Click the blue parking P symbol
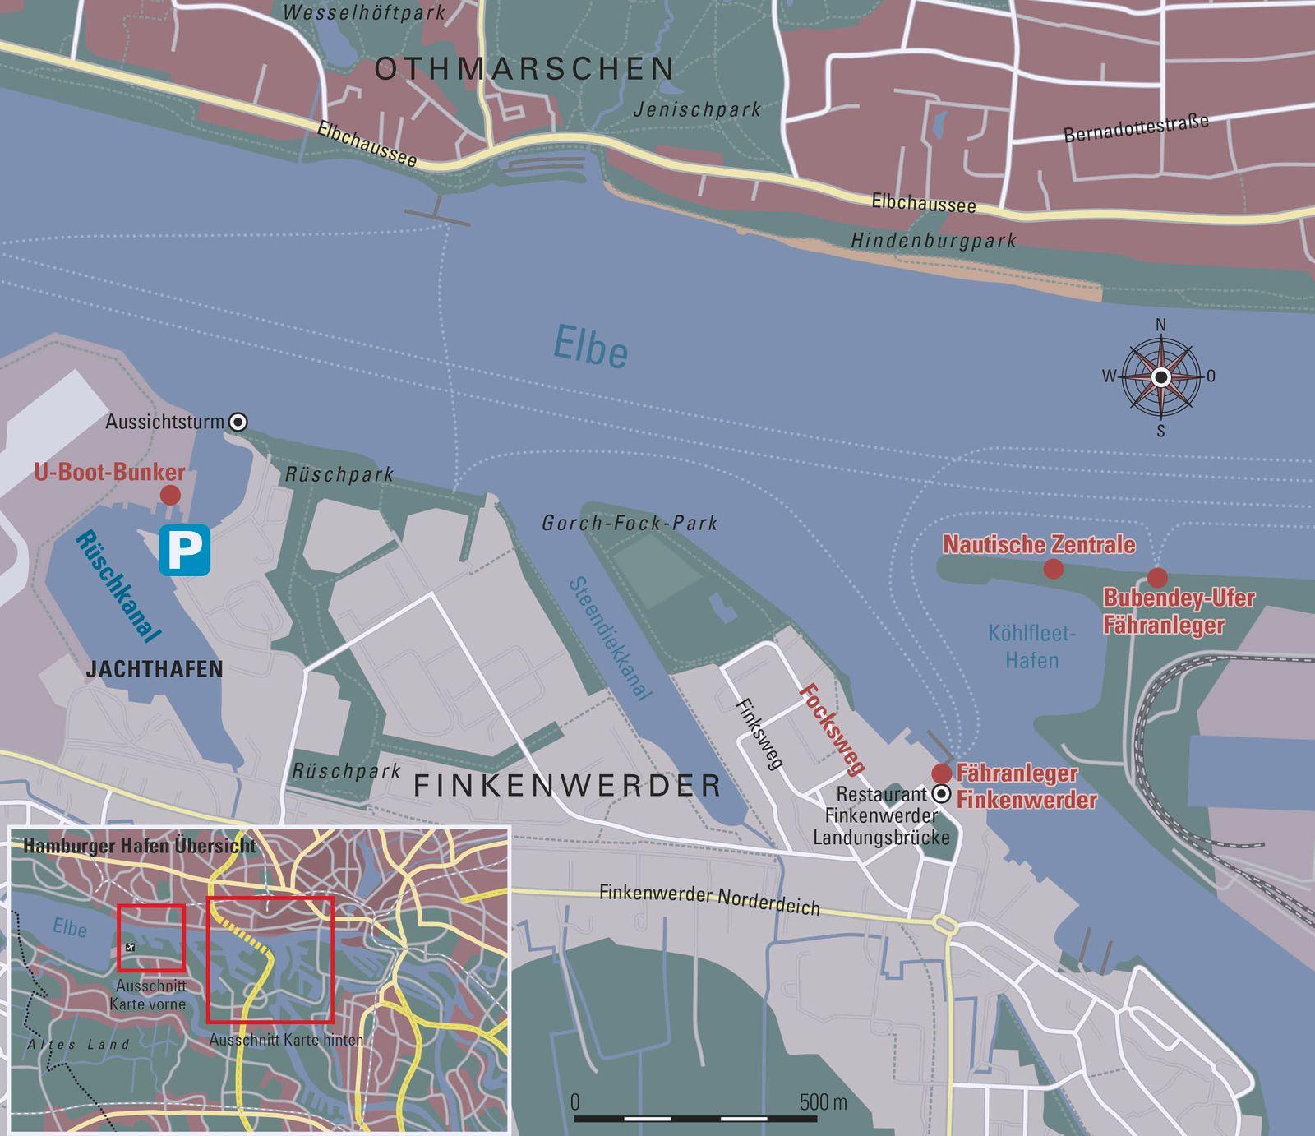pyautogui.click(x=184, y=549)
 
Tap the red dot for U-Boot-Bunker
pyautogui.click(x=170, y=495)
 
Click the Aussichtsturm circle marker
pyautogui.click(x=238, y=422)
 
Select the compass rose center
pyautogui.click(x=1160, y=376)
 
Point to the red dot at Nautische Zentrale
pyautogui.click(x=1053, y=568)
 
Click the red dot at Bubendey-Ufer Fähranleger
pyautogui.click(x=1157, y=576)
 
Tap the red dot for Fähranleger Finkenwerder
pyautogui.click(x=941, y=773)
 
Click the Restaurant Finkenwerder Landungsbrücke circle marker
pyautogui.click(x=941, y=794)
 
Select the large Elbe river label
pyautogui.click(x=591, y=346)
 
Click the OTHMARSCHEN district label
pyautogui.click(x=524, y=69)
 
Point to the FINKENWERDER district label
pyautogui.click(x=567, y=786)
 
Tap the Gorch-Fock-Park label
pyautogui.click(x=630, y=523)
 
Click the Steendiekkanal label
pyautogui.click(x=611, y=638)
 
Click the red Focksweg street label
pyautogui.click(x=833, y=729)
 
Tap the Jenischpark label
pyautogui.click(x=697, y=109)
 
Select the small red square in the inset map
pyautogui.click(x=151, y=938)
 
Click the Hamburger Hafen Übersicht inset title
pyautogui.click(x=140, y=846)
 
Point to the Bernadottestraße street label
pyautogui.click(x=1136, y=128)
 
